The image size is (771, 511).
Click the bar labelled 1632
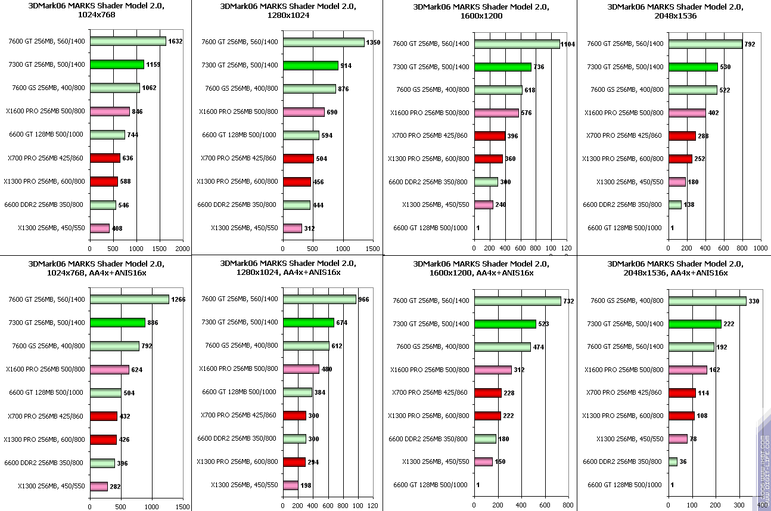click(x=128, y=41)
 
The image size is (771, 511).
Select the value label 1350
click(x=373, y=42)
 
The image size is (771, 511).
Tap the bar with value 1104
click(x=517, y=44)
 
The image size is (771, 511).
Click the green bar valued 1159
click(x=117, y=64)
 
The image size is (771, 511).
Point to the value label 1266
click(x=178, y=300)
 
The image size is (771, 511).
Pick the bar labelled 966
click(x=319, y=299)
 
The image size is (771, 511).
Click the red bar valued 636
click(x=105, y=158)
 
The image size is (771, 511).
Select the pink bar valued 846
click(x=110, y=112)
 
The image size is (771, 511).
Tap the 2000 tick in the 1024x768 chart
click(x=182, y=249)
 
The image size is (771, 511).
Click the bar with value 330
click(x=707, y=301)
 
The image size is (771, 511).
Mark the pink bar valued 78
click(x=678, y=439)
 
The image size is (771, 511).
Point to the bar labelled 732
click(x=518, y=301)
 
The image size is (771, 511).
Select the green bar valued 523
click(x=505, y=324)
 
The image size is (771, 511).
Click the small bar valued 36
click(x=673, y=462)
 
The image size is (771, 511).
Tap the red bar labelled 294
click(x=294, y=462)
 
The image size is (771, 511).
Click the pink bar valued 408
click(x=100, y=228)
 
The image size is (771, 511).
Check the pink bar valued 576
click(x=496, y=113)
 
